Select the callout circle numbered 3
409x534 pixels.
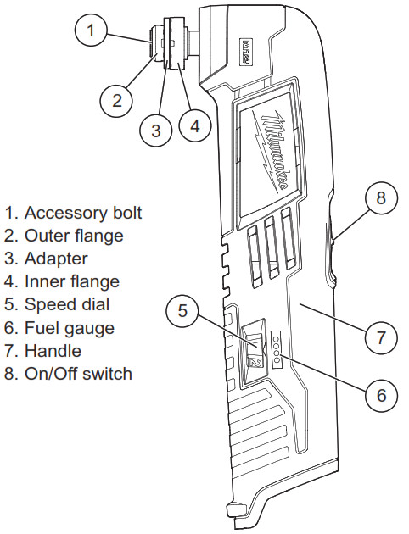[155, 130]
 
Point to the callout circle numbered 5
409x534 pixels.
[182, 310]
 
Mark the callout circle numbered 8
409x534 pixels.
[381, 199]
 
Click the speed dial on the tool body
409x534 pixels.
[255, 352]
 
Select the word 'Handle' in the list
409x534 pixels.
[53, 350]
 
